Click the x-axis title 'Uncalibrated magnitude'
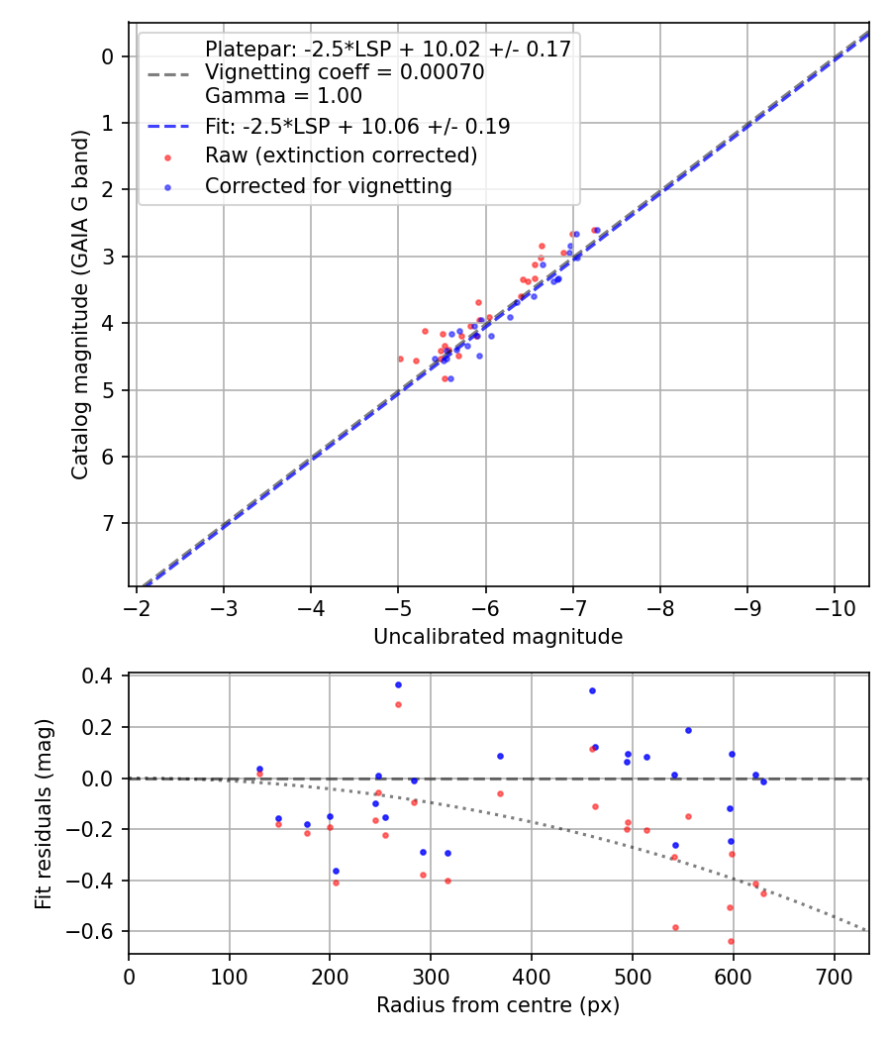498,637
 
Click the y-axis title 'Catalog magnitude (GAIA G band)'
81,305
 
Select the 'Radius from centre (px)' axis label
498,1005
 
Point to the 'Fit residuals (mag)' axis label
43,814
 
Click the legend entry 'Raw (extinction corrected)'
341,156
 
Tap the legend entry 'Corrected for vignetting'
328,186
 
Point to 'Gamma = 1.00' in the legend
283,96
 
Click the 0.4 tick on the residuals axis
104,676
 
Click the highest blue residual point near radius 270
398,684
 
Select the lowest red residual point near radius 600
731,941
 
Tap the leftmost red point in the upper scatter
400,359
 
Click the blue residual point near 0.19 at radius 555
688,730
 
